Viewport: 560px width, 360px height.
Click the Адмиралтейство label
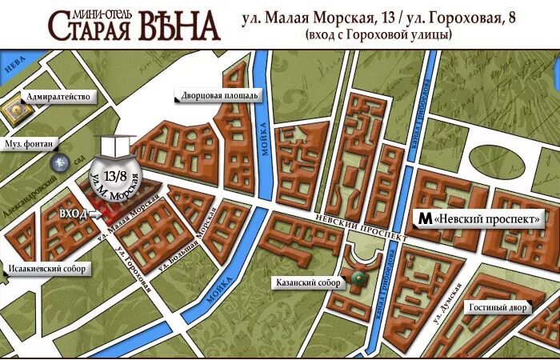[58, 97]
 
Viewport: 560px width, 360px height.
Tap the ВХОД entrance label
[74, 214]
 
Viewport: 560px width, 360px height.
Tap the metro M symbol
[424, 218]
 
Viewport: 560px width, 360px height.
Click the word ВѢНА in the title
[180, 26]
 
